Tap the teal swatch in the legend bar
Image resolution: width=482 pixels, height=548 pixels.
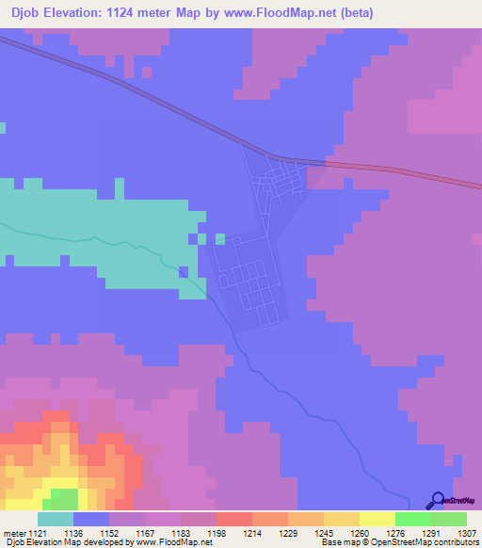pyautogui.click(x=56, y=519)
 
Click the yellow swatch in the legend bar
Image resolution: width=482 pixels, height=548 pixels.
pyautogui.click(x=377, y=519)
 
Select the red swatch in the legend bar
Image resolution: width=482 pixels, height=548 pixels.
pyautogui.click(x=233, y=519)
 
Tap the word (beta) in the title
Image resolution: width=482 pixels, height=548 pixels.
pyautogui.click(x=355, y=13)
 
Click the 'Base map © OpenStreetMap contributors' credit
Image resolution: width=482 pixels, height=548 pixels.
pyautogui.click(x=400, y=541)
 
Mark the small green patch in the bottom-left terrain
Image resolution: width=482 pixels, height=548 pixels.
pyautogui.click(x=64, y=493)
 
